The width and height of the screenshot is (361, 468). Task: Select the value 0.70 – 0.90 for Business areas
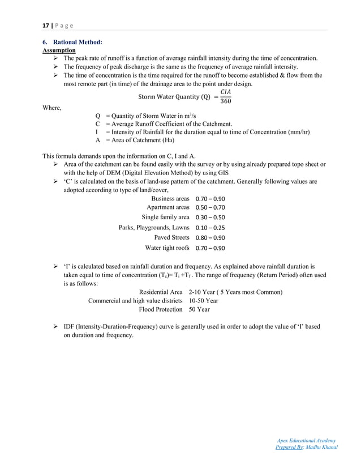(210, 199)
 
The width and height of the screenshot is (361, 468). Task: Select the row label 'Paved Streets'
(171, 237)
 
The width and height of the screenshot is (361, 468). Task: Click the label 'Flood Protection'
(160, 309)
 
